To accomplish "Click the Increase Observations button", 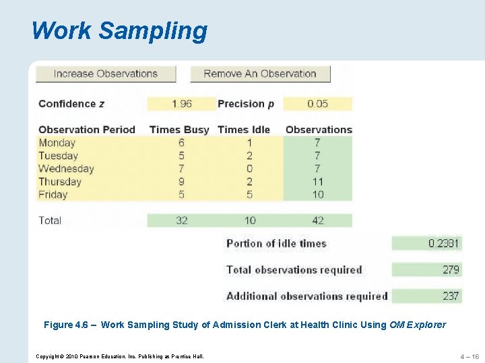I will [106, 74].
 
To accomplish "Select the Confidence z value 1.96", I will [181, 104].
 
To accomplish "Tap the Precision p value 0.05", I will [318, 104].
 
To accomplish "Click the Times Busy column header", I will [179, 130].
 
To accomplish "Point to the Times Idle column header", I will [244, 130].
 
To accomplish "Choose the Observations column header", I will [319, 130].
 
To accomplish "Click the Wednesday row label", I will [66, 169].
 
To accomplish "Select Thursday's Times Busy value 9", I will [181, 182].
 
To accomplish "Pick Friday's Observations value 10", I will [318, 195].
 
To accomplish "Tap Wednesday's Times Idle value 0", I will [250, 169].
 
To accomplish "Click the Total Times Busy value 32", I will [181, 220].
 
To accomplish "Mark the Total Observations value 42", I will [318, 220].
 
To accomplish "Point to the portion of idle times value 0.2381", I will [444, 243].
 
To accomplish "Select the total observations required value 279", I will [451, 270].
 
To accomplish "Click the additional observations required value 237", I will [451, 296].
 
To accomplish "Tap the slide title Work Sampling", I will [119, 31].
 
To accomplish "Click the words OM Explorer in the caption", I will [418, 325].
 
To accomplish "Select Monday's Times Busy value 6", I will [181, 143].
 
